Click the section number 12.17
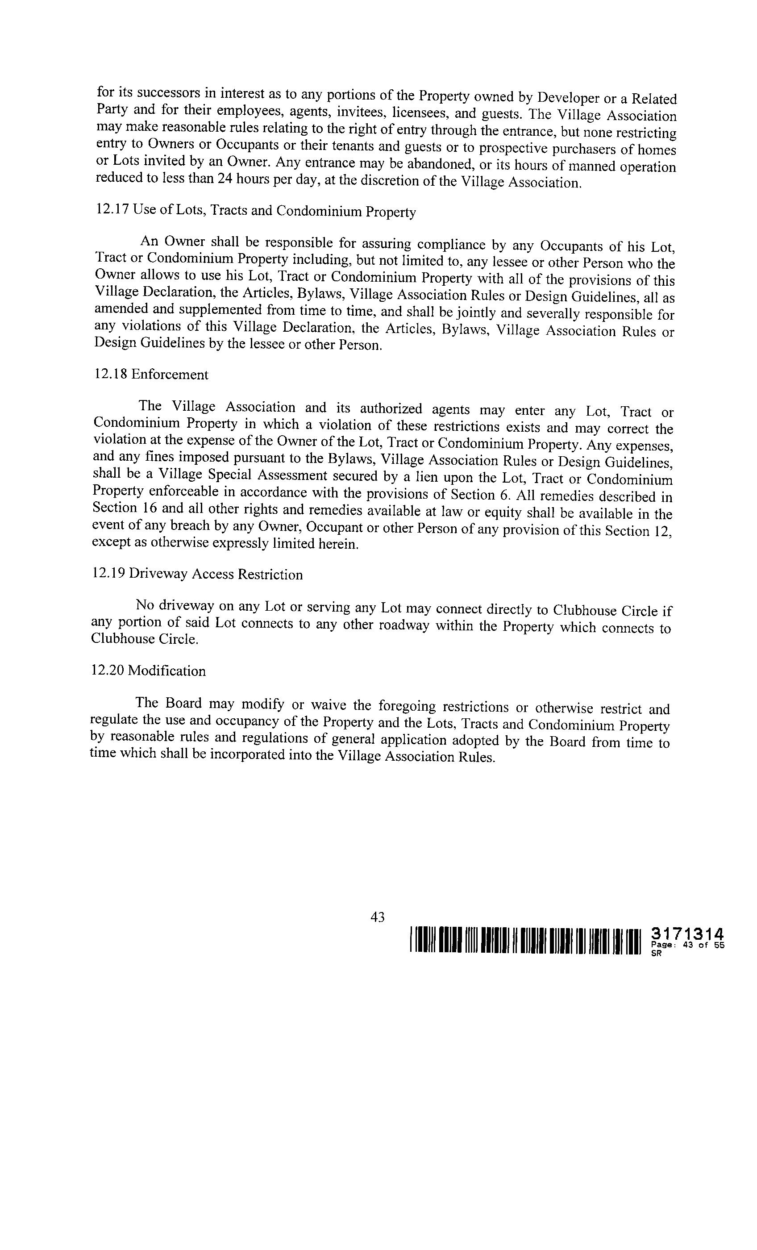(112, 209)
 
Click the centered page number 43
(378, 917)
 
